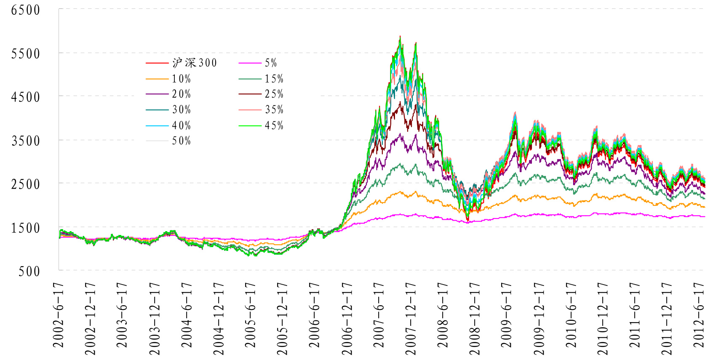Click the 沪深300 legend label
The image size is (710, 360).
click(x=194, y=63)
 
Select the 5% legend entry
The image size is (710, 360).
click(x=271, y=63)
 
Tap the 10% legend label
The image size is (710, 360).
click(x=181, y=79)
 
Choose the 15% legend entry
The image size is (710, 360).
click(x=274, y=79)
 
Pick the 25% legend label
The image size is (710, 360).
click(x=274, y=94)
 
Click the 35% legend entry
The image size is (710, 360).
click(x=274, y=110)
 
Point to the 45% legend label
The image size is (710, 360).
click(x=274, y=125)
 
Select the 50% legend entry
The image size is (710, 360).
click(x=181, y=141)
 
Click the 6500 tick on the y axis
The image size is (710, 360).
click(x=26, y=10)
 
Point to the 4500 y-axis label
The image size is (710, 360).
click(x=26, y=97)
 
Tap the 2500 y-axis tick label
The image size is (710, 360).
click(x=26, y=184)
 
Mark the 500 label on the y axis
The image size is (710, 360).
click(x=29, y=271)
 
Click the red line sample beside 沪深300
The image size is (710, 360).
click(x=157, y=63)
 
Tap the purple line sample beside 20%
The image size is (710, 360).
click(x=157, y=94)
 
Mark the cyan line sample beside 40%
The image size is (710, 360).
click(x=157, y=125)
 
